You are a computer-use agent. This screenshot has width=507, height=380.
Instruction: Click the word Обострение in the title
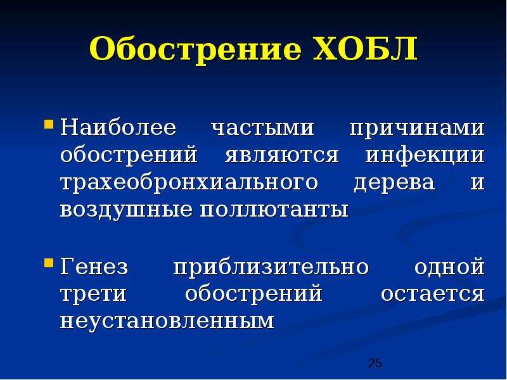[196, 49]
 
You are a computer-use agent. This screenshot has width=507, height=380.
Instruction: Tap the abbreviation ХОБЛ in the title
[366, 49]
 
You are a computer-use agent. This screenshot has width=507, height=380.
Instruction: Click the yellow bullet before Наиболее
[48, 124]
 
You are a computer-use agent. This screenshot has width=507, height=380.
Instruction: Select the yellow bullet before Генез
[48, 263]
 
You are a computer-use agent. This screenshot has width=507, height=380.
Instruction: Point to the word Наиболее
[119, 127]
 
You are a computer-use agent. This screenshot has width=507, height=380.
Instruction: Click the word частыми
[262, 129]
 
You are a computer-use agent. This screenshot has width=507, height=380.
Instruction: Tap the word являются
[281, 156]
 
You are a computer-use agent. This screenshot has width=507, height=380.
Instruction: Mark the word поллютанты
[274, 210]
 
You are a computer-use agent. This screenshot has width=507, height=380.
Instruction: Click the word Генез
[94, 266]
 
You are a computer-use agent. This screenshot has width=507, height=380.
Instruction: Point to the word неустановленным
[167, 322]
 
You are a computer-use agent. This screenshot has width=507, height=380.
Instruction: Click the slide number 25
[375, 363]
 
